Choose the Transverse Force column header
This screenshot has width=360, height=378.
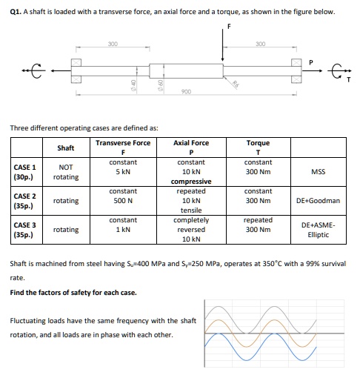tap(122, 143)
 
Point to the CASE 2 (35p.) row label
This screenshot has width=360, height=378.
tap(24, 200)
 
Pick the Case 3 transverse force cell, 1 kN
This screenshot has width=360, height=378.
tap(122, 229)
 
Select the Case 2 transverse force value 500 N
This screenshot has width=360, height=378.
tap(122, 200)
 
